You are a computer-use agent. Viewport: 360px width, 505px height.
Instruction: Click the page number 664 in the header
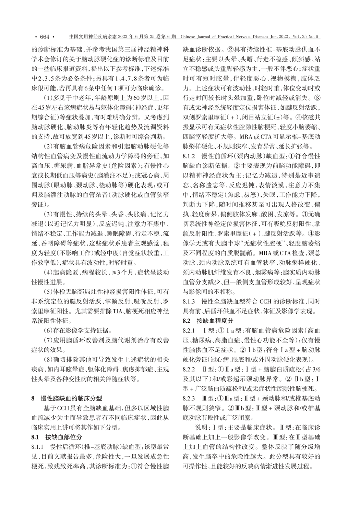tap(45, 37)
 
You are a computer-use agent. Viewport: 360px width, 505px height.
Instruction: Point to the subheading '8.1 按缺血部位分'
tap(57, 437)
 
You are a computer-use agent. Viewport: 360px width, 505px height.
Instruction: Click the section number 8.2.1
tap(190, 331)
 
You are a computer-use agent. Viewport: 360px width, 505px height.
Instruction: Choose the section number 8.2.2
tap(190, 370)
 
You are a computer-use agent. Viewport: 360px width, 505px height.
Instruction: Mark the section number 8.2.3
tap(190, 399)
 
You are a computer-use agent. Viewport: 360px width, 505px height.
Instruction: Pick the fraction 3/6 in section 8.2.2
tap(314, 370)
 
